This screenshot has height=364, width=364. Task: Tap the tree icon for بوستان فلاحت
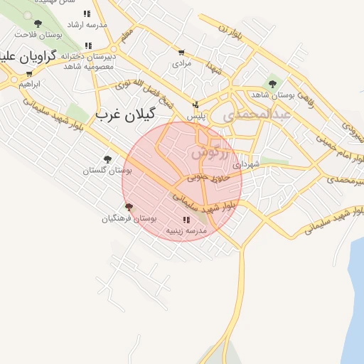[x=38, y=23]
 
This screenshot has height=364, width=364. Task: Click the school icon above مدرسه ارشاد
[x=87, y=14]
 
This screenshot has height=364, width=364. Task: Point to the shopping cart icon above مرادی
[x=182, y=53]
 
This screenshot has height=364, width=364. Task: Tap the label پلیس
[x=196, y=115]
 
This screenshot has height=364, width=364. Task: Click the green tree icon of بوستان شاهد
[x=272, y=84]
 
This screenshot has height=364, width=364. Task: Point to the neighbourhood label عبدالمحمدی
[x=257, y=114]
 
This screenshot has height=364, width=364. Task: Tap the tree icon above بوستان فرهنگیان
[x=129, y=207]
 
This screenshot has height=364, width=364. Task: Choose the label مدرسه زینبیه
[x=186, y=231]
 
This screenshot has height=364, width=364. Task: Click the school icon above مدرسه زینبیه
[x=186, y=220]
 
